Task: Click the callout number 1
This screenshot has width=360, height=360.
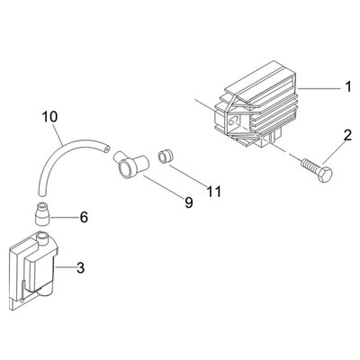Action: click(x=347, y=86)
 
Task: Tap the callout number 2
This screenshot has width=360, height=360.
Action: click(x=347, y=136)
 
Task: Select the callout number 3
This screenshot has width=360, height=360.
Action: click(x=80, y=267)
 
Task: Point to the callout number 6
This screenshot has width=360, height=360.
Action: click(x=84, y=217)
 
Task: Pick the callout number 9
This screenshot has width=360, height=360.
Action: click(x=189, y=202)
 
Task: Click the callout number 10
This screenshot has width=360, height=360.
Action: click(x=49, y=116)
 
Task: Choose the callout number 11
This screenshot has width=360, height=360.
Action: click(x=214, y=192)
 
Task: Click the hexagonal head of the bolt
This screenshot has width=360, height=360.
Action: click(x=325, y=175)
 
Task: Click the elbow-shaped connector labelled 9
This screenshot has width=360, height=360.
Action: click(x=130, y=164)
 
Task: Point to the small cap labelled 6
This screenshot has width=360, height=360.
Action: click(x=42, y=213)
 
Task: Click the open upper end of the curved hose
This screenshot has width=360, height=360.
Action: click(x=106, y=148)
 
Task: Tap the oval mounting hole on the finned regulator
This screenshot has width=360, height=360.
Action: click(x=232, y=121)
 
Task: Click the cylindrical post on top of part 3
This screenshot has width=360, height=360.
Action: click(x=41, y=238)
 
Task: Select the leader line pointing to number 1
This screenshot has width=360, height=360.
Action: click(x=319, y=88)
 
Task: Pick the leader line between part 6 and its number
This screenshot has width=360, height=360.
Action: click(x=62, y=217)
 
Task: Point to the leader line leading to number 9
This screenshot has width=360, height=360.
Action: click(x=164, y=187)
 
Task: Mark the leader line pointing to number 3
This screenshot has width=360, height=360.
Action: click(x=64, y=266)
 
